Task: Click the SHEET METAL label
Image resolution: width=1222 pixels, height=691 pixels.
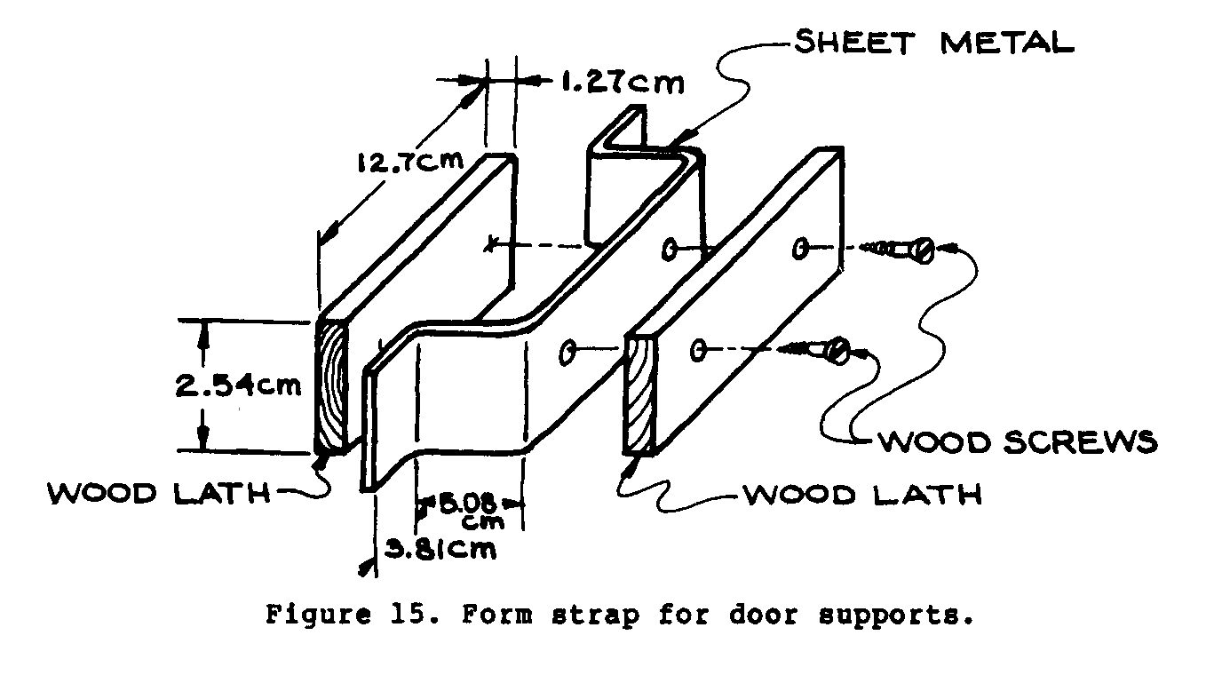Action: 932,43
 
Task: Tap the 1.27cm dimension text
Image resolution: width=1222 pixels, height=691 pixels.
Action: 622,83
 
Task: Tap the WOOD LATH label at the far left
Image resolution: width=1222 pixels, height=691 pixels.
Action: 159,494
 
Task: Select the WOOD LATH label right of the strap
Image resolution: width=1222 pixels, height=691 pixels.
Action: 862,494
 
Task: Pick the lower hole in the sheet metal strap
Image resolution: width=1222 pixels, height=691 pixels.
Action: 566,354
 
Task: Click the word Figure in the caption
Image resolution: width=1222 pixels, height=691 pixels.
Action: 310,615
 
